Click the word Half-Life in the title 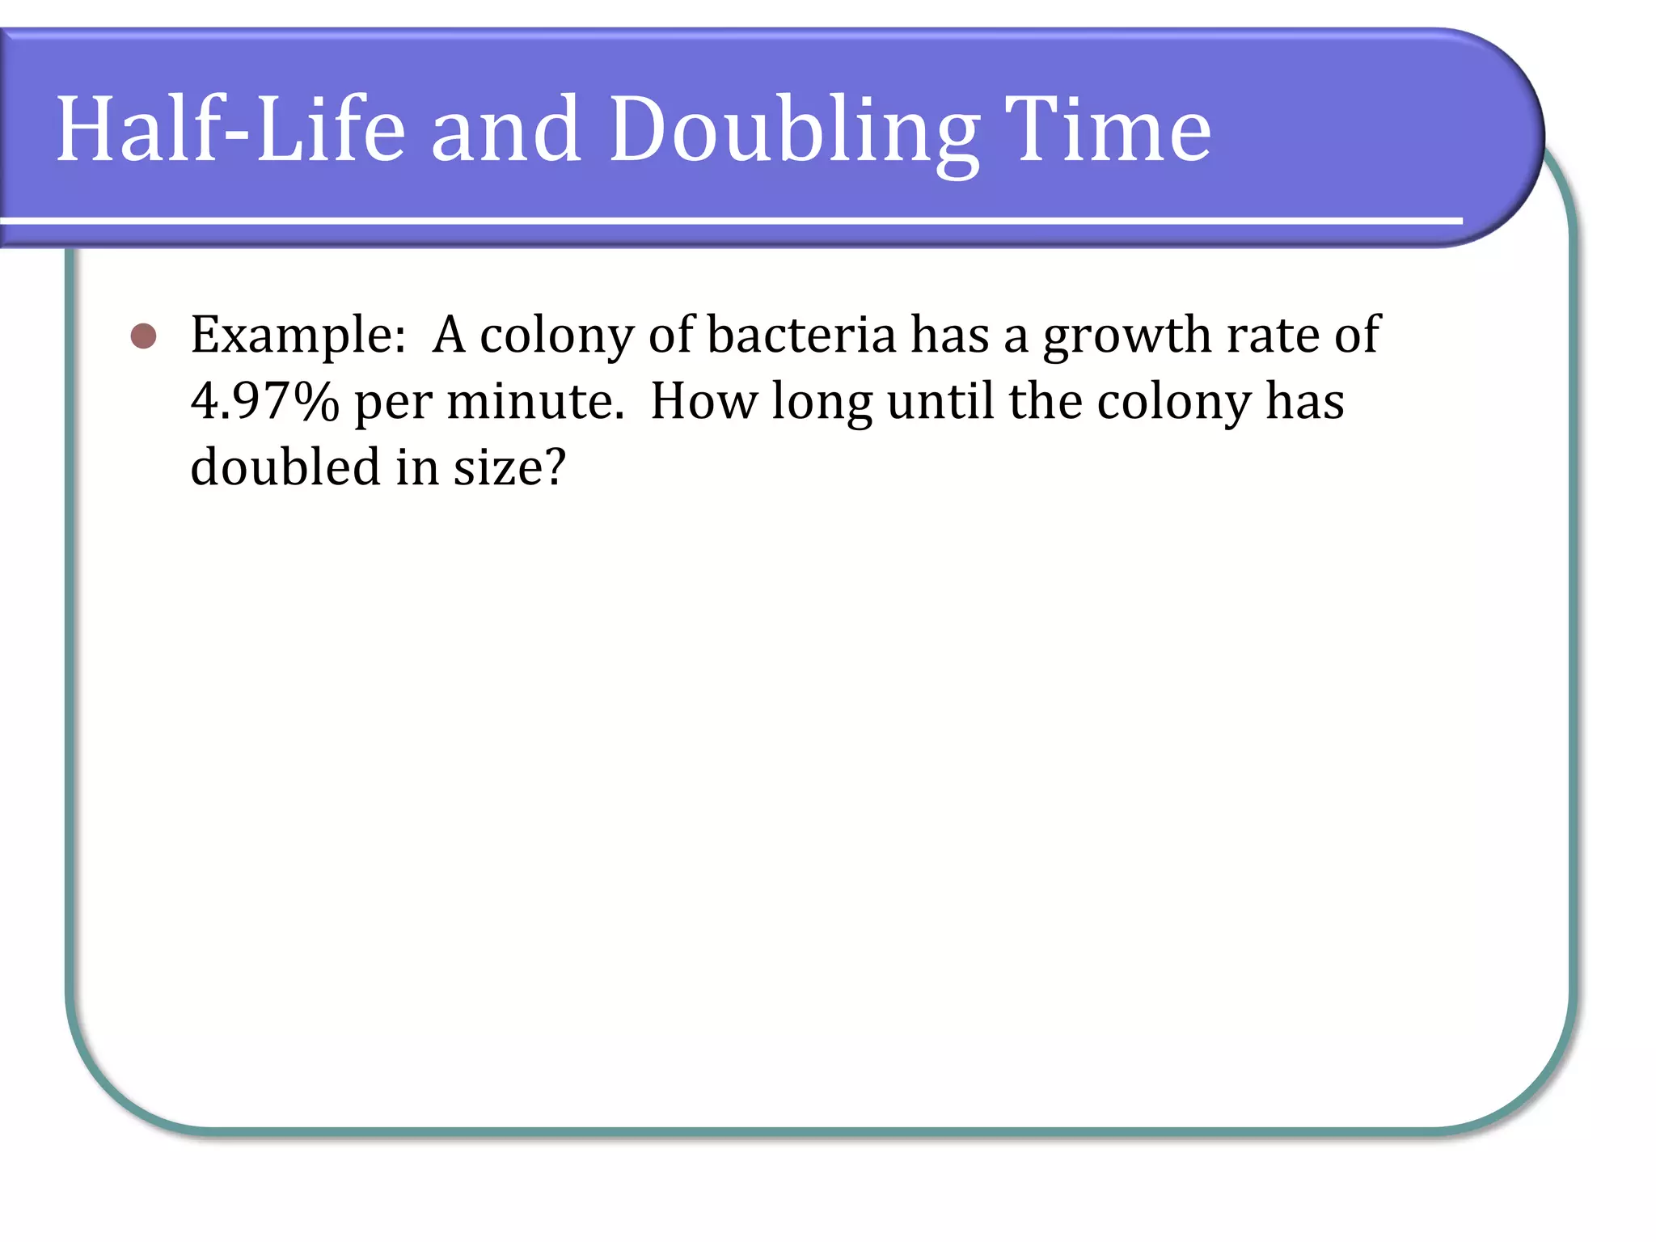230,129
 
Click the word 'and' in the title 505,129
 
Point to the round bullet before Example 143,336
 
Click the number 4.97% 264,402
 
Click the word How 703,402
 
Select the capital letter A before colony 449,336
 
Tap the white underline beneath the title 728,220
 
